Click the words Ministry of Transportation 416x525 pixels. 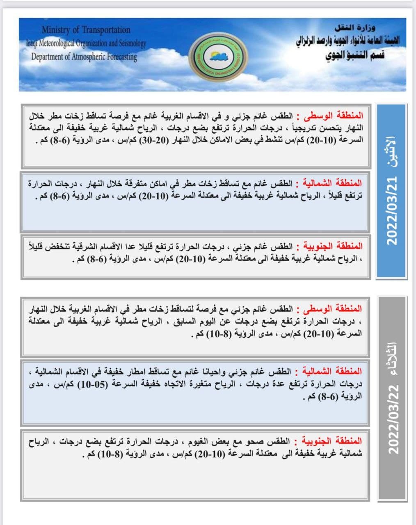(86, 30)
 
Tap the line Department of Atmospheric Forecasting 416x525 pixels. (84, 57)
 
